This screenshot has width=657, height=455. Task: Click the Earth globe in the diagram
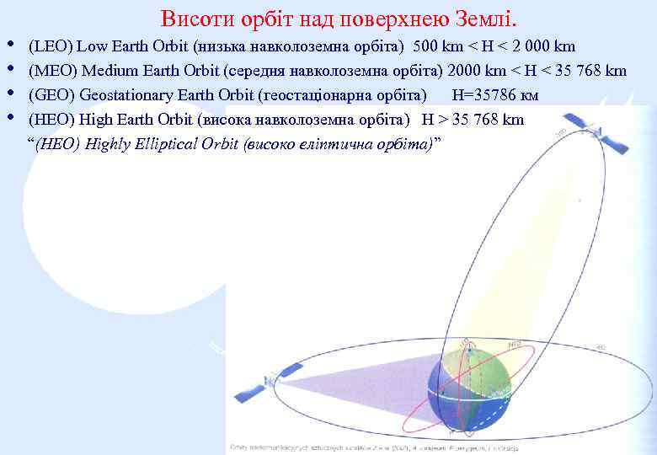tap(469, 384)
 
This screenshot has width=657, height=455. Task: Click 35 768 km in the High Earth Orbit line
tap(487, 119)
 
